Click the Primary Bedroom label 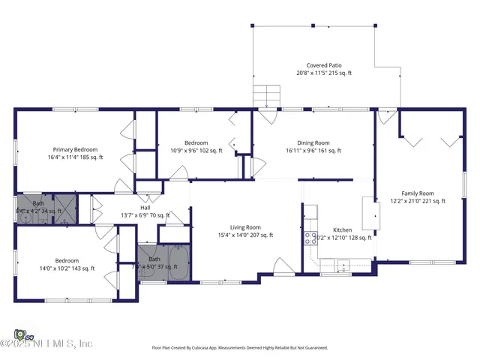pyautogui.click(x=75, y=153)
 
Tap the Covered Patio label pyautogui.click(x=323, y=69)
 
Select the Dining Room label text pyautogui.click(x=313, y=146)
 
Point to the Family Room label pyautogui.click(x=418, y=196)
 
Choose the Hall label pyautogui.click(x=145, y=211)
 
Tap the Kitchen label pyautogui.click(x=343, y=233)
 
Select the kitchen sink pyautogui.click(x=343, y=263)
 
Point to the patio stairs pyautogui.click(x=266, y=97)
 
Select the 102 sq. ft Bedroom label pyautogui.click(x=196, y=146)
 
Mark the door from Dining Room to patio pyautogui.click(x=266, y=116)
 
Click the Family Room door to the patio pyautogui.click(x=387, y=116)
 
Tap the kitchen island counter pyautogui.click(x=368, y=214)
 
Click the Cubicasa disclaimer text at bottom pyautogui.click(x=239, y=347)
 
